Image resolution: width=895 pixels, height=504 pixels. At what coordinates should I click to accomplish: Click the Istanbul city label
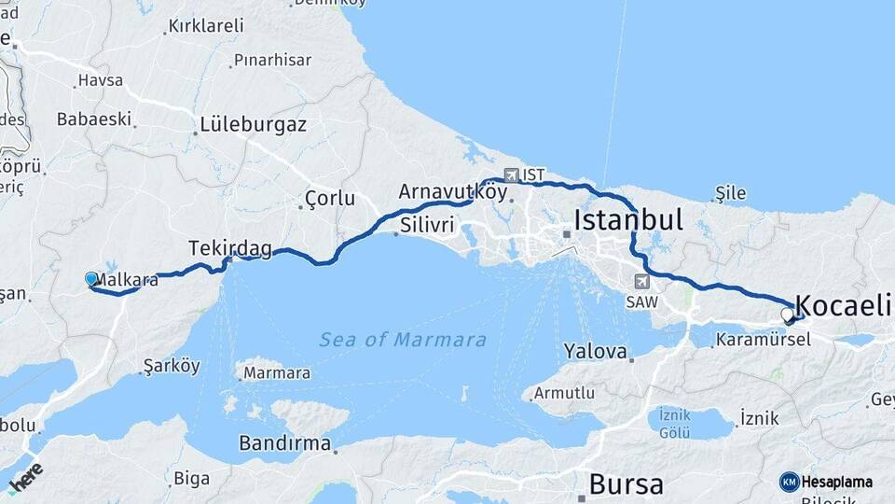click(628, 220)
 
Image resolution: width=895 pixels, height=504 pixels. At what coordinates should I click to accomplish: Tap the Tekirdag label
click(230, 248)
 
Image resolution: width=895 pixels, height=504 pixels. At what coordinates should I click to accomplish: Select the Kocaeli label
click(844, 304)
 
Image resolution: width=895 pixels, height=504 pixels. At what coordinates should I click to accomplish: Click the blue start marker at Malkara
click(91, 278)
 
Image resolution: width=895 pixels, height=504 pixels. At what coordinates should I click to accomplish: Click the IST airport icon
click(511, 175)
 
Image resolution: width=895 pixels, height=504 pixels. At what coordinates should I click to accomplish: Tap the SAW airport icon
click(641, 281)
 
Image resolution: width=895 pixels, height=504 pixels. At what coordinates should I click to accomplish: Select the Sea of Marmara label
click(403, 340)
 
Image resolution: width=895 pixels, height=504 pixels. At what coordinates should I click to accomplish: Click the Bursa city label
click(626, 484)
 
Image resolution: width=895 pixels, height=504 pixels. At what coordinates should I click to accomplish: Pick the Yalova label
click(596, 352)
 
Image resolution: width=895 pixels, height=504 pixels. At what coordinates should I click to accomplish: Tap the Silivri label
click(427, 225)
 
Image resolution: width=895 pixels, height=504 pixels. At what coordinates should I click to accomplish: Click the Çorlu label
click(331, 199)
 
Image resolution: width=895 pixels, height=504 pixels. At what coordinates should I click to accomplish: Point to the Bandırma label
click(285, 442)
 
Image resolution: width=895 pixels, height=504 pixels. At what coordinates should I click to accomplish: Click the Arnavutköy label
click(452, 191)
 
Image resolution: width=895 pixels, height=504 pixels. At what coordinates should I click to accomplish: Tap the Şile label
click(730, 193)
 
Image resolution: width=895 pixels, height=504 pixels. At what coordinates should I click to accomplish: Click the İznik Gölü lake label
click(674, 423)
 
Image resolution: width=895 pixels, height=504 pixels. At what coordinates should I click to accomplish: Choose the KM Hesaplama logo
click(826, 482)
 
